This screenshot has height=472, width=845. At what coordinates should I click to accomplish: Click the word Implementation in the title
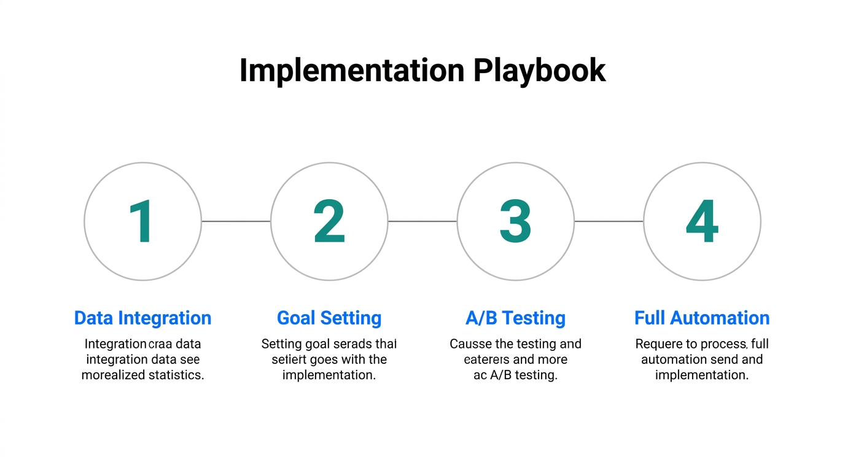coord(352,71)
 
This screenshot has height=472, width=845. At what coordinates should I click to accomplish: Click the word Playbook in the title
coord(539,71)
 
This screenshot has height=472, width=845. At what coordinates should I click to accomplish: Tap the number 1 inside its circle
coord(142,222)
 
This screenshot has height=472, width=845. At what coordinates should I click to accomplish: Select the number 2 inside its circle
coord(329,222)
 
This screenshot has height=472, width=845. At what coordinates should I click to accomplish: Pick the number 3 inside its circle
coord(515,222)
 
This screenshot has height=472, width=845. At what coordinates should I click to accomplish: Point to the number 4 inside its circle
coord(702,222)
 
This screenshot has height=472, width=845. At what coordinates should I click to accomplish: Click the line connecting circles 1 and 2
coord(236,221)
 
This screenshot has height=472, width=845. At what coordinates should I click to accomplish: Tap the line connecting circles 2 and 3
coord(422,221)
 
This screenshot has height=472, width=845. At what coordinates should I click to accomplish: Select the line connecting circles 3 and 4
coord(609,221)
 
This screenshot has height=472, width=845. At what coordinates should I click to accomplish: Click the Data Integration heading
coord(142,318)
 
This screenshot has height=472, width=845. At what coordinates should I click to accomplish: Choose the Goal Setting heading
coord(329,318)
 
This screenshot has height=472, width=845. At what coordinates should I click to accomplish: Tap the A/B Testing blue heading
coord(515,318)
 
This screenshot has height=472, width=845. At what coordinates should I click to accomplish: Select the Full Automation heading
coord(702,318)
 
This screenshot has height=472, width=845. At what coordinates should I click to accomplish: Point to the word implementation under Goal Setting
coord(329,375)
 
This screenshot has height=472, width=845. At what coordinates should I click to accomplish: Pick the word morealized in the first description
coord(113,375)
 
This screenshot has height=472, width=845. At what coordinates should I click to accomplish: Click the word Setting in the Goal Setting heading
coord(351,318)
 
